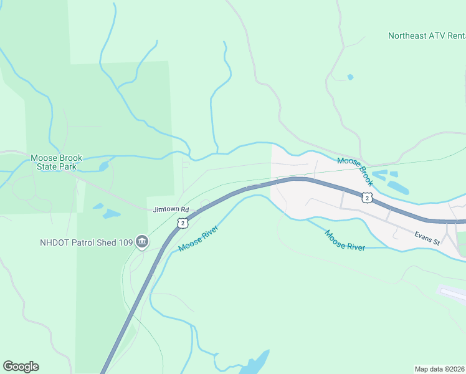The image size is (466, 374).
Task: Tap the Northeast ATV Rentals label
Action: coord(426,36)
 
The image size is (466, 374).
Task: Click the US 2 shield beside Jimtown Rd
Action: coord(181,222)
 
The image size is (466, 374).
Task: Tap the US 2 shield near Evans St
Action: coord(368,198)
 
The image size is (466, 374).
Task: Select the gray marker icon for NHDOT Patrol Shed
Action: coord(142,242)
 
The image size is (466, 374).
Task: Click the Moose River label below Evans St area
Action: coord(345,240)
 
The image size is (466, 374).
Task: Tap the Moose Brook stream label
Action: coord(355,171)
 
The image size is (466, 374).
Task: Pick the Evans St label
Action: coord(427,237)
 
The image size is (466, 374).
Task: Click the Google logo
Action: coord(21,367)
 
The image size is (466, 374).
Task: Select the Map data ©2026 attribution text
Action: coord(440,369)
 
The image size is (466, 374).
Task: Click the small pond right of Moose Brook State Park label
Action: coord(103,166)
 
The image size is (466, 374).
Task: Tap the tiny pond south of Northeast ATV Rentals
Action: coord(349,77)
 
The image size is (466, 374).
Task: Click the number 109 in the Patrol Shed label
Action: coord(125,242)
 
